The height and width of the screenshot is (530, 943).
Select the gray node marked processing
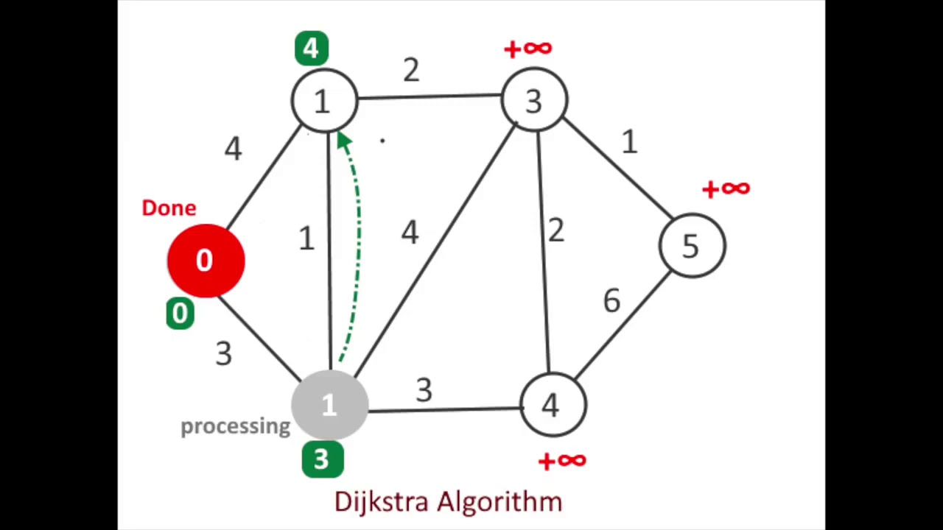[x=329, y=403]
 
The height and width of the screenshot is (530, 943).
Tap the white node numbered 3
[x=534, y=101]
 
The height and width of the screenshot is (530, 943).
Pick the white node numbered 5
[x=691, y=246]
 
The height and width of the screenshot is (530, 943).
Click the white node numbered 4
[x=551, y=405]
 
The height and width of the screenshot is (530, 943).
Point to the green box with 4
[x=311, y=49]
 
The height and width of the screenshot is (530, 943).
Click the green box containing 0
[x=180, y=314]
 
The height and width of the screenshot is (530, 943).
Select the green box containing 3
[x=322, y=459]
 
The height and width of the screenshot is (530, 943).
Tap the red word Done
[x=169, y=208]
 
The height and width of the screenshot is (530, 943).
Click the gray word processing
[x=235, y=426]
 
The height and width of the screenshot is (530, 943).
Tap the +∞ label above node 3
[x=527, y=49]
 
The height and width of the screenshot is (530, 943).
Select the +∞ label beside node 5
[x=726, y=189]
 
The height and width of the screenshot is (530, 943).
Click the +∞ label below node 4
[x=562, y=462]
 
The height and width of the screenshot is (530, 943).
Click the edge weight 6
[x=611, y=300]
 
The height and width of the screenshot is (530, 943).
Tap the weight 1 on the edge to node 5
[x=628, y=142]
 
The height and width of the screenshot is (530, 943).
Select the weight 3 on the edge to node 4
[x=423, y=391]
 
